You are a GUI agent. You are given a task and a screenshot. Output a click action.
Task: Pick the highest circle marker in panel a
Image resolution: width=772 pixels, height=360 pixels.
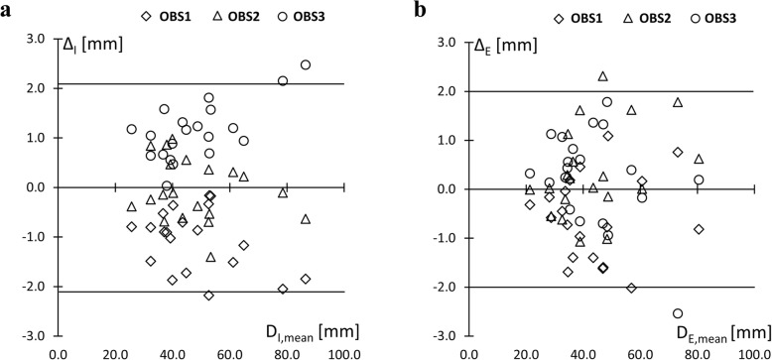(x=306, y=65)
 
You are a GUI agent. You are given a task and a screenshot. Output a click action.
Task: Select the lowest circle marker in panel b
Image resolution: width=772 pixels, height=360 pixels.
(x=678, y=313)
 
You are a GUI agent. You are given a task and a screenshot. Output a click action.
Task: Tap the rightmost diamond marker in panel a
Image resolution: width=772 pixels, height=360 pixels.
(x=306, y=279)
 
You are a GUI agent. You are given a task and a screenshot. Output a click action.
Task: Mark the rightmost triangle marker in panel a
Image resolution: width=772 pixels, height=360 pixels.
(x=306, y=218)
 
